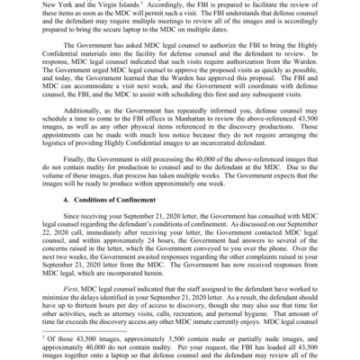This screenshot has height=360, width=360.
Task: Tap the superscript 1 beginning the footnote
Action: click(39, 335)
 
